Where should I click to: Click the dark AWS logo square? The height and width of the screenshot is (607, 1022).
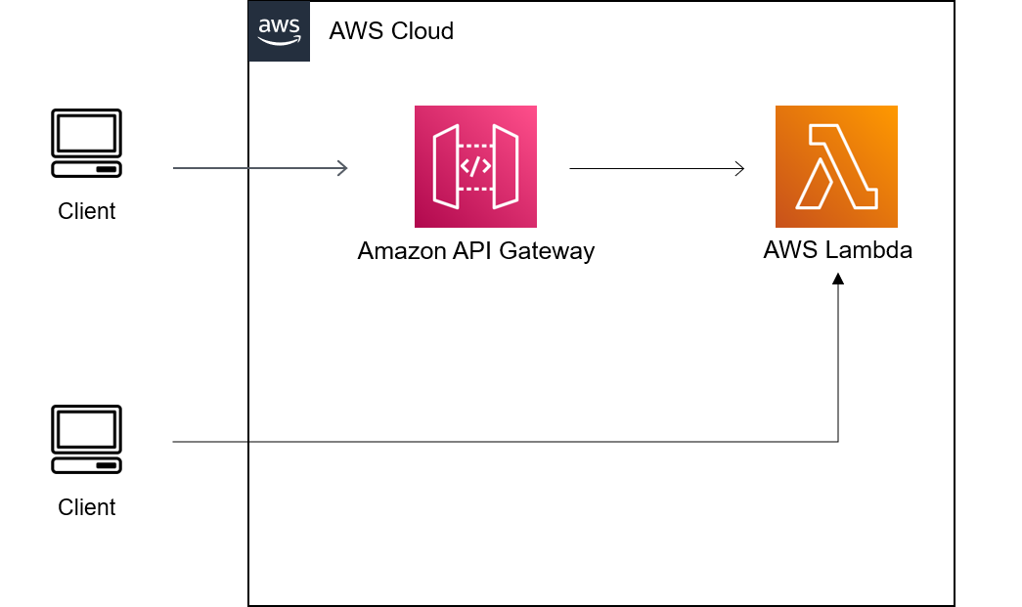[279, 31]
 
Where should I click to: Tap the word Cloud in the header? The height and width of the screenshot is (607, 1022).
[422, 31]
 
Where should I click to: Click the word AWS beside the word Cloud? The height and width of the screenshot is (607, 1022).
[356, 31]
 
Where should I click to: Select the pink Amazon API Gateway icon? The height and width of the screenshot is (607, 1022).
[475, 166]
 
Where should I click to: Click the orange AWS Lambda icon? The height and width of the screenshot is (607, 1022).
[836, 166]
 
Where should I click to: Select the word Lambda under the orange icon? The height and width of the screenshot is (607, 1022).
[868, 249]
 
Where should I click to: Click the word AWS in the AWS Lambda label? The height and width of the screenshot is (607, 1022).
[791, 249]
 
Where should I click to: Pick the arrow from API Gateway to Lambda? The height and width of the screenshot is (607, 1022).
[655, 169]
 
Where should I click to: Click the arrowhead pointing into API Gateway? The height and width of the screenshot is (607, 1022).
[342, 168]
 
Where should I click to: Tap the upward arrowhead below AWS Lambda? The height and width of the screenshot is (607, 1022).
[838, 280]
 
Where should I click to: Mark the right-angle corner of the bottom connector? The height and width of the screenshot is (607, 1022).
[838, 442]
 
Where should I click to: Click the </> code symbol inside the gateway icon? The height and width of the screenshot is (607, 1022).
[475, 166]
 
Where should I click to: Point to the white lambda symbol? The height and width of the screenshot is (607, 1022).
[836, 168]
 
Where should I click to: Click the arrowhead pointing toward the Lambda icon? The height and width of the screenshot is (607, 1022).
[739, 169]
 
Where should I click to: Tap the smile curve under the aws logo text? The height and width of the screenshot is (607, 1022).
[279, 41]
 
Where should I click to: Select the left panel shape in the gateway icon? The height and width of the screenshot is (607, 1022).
[445, 166]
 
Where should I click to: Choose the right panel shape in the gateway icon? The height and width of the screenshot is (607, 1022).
[506, 166]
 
